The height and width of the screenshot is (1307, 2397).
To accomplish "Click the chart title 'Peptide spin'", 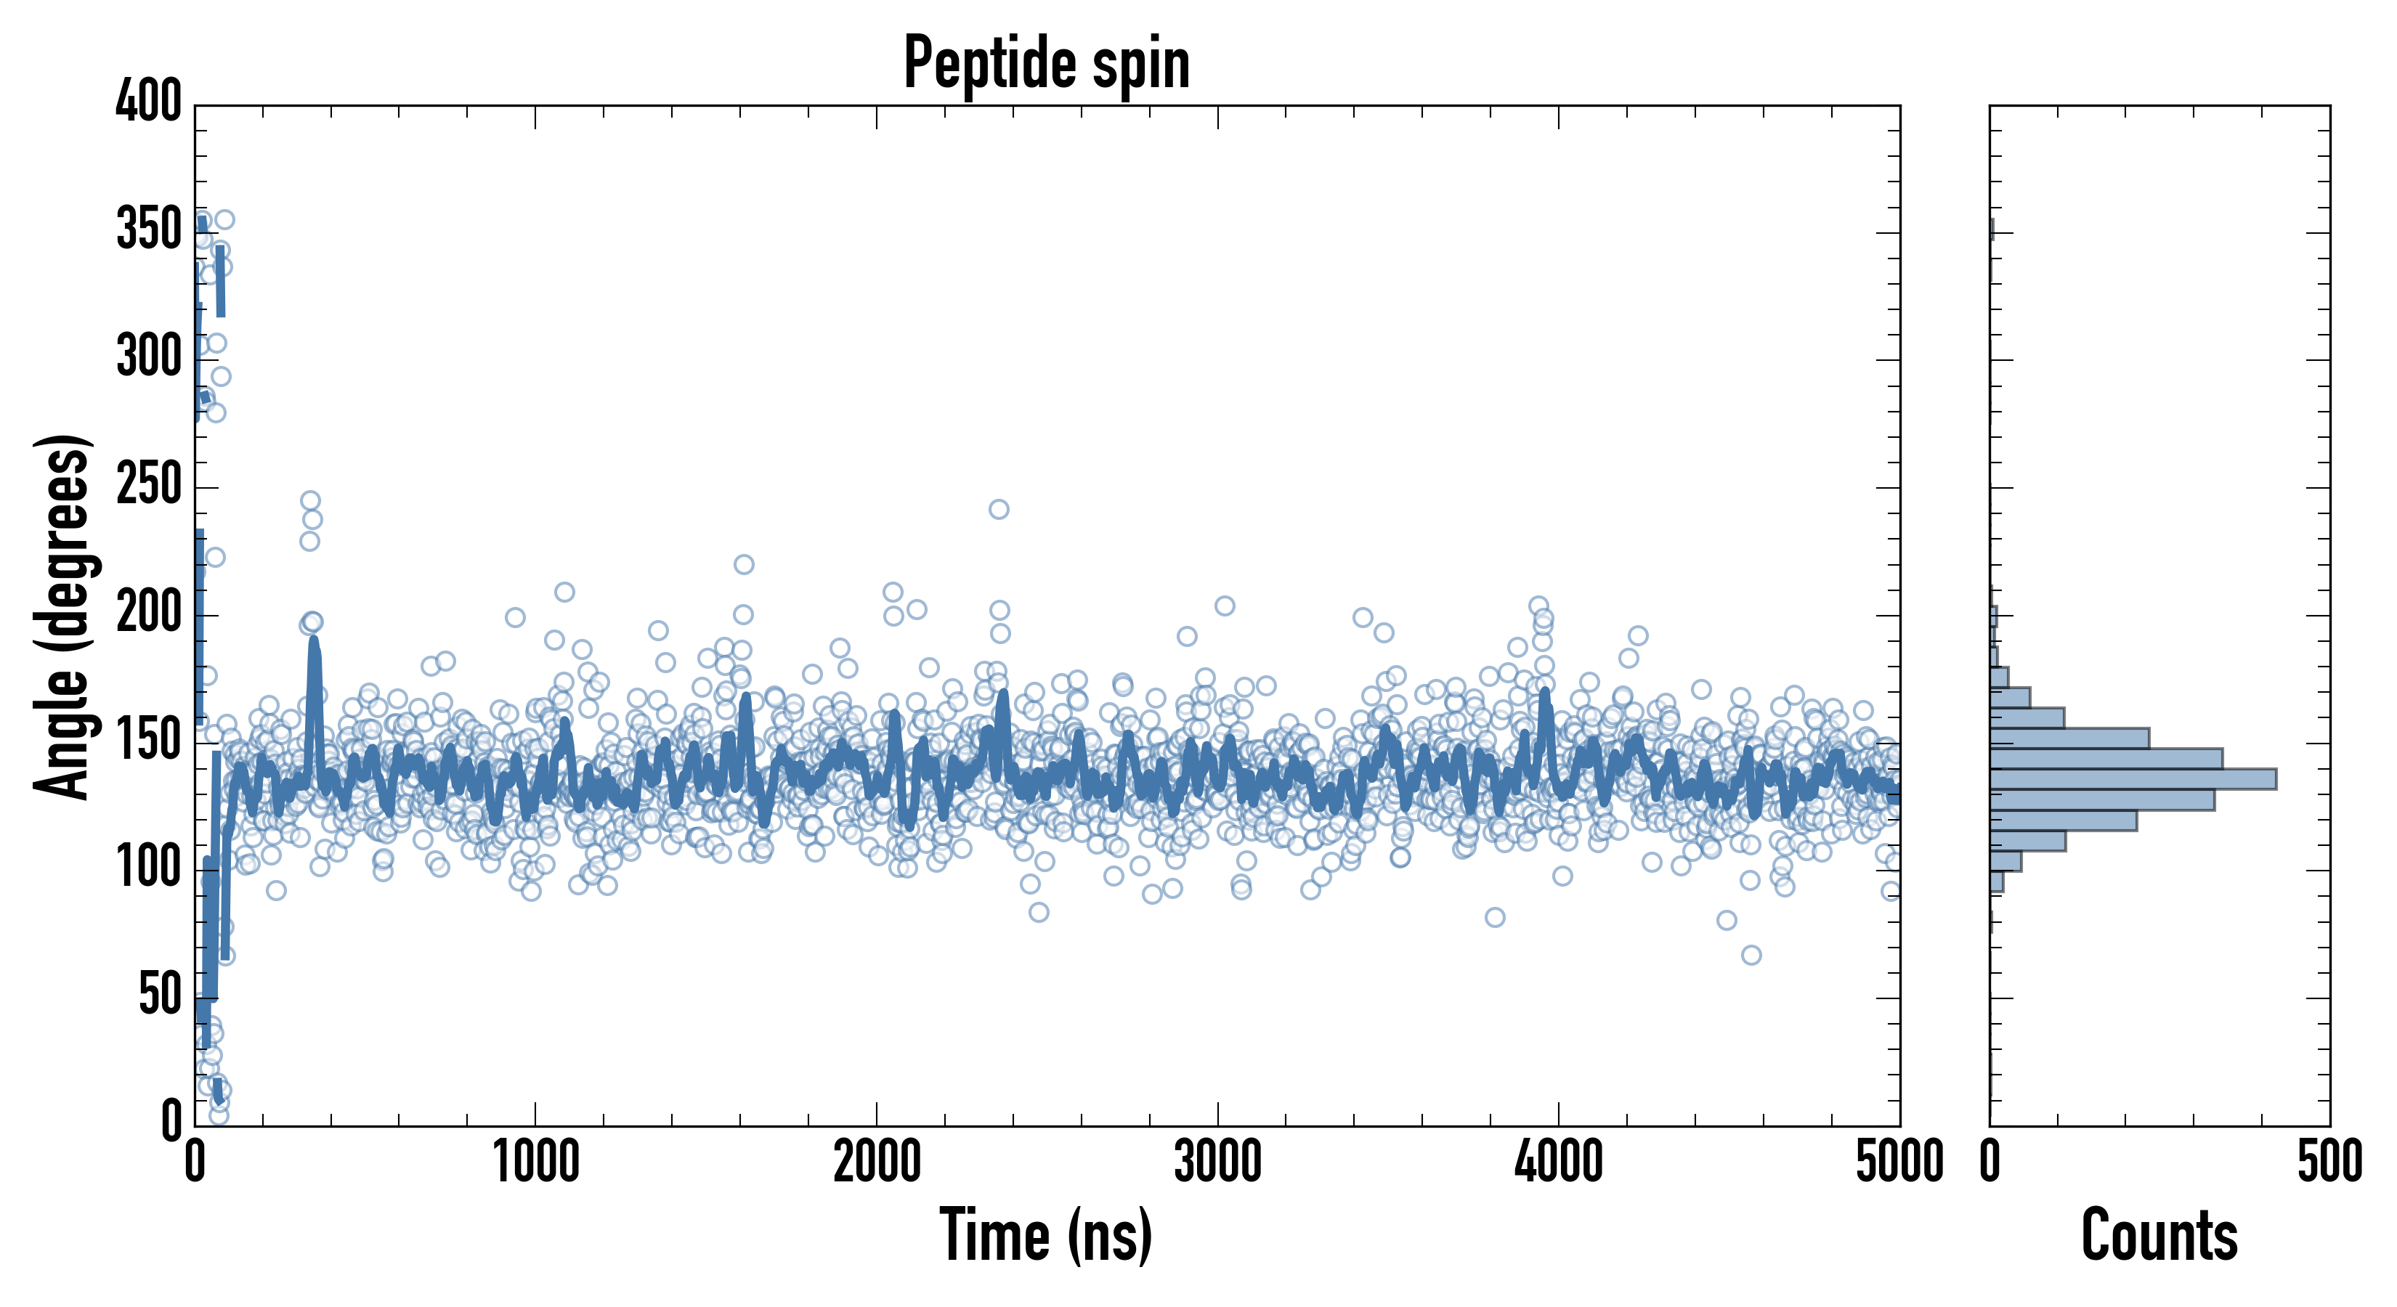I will coord(1047,63).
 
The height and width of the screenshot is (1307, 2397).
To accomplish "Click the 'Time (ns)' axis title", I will coord(1047,1234).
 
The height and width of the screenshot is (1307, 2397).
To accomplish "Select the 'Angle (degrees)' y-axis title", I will coord(62,616).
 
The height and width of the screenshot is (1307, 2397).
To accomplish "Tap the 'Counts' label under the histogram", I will coord(2159,1234).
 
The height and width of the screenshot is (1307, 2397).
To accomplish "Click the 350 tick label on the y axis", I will coord(149,229).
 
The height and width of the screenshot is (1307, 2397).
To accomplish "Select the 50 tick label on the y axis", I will coord(159,995).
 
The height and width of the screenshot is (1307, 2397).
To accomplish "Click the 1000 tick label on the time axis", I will coord(536,1163).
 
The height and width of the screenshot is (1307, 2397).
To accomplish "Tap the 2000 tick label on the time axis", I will coord(877,1163).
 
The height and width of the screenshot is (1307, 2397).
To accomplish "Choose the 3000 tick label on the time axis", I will coord(1217,1163).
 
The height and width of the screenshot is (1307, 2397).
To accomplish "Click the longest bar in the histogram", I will coord(2133,778).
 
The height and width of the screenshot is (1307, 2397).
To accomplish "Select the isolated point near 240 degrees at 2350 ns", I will coord(999,509).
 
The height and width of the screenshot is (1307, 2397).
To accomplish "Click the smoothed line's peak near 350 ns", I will coord(314,641).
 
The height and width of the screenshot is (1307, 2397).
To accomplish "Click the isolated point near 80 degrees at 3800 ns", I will coord(1494,917).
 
